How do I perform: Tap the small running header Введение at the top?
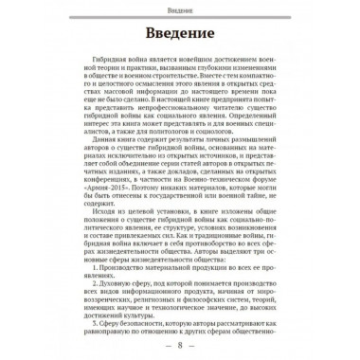tap(180, 9)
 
